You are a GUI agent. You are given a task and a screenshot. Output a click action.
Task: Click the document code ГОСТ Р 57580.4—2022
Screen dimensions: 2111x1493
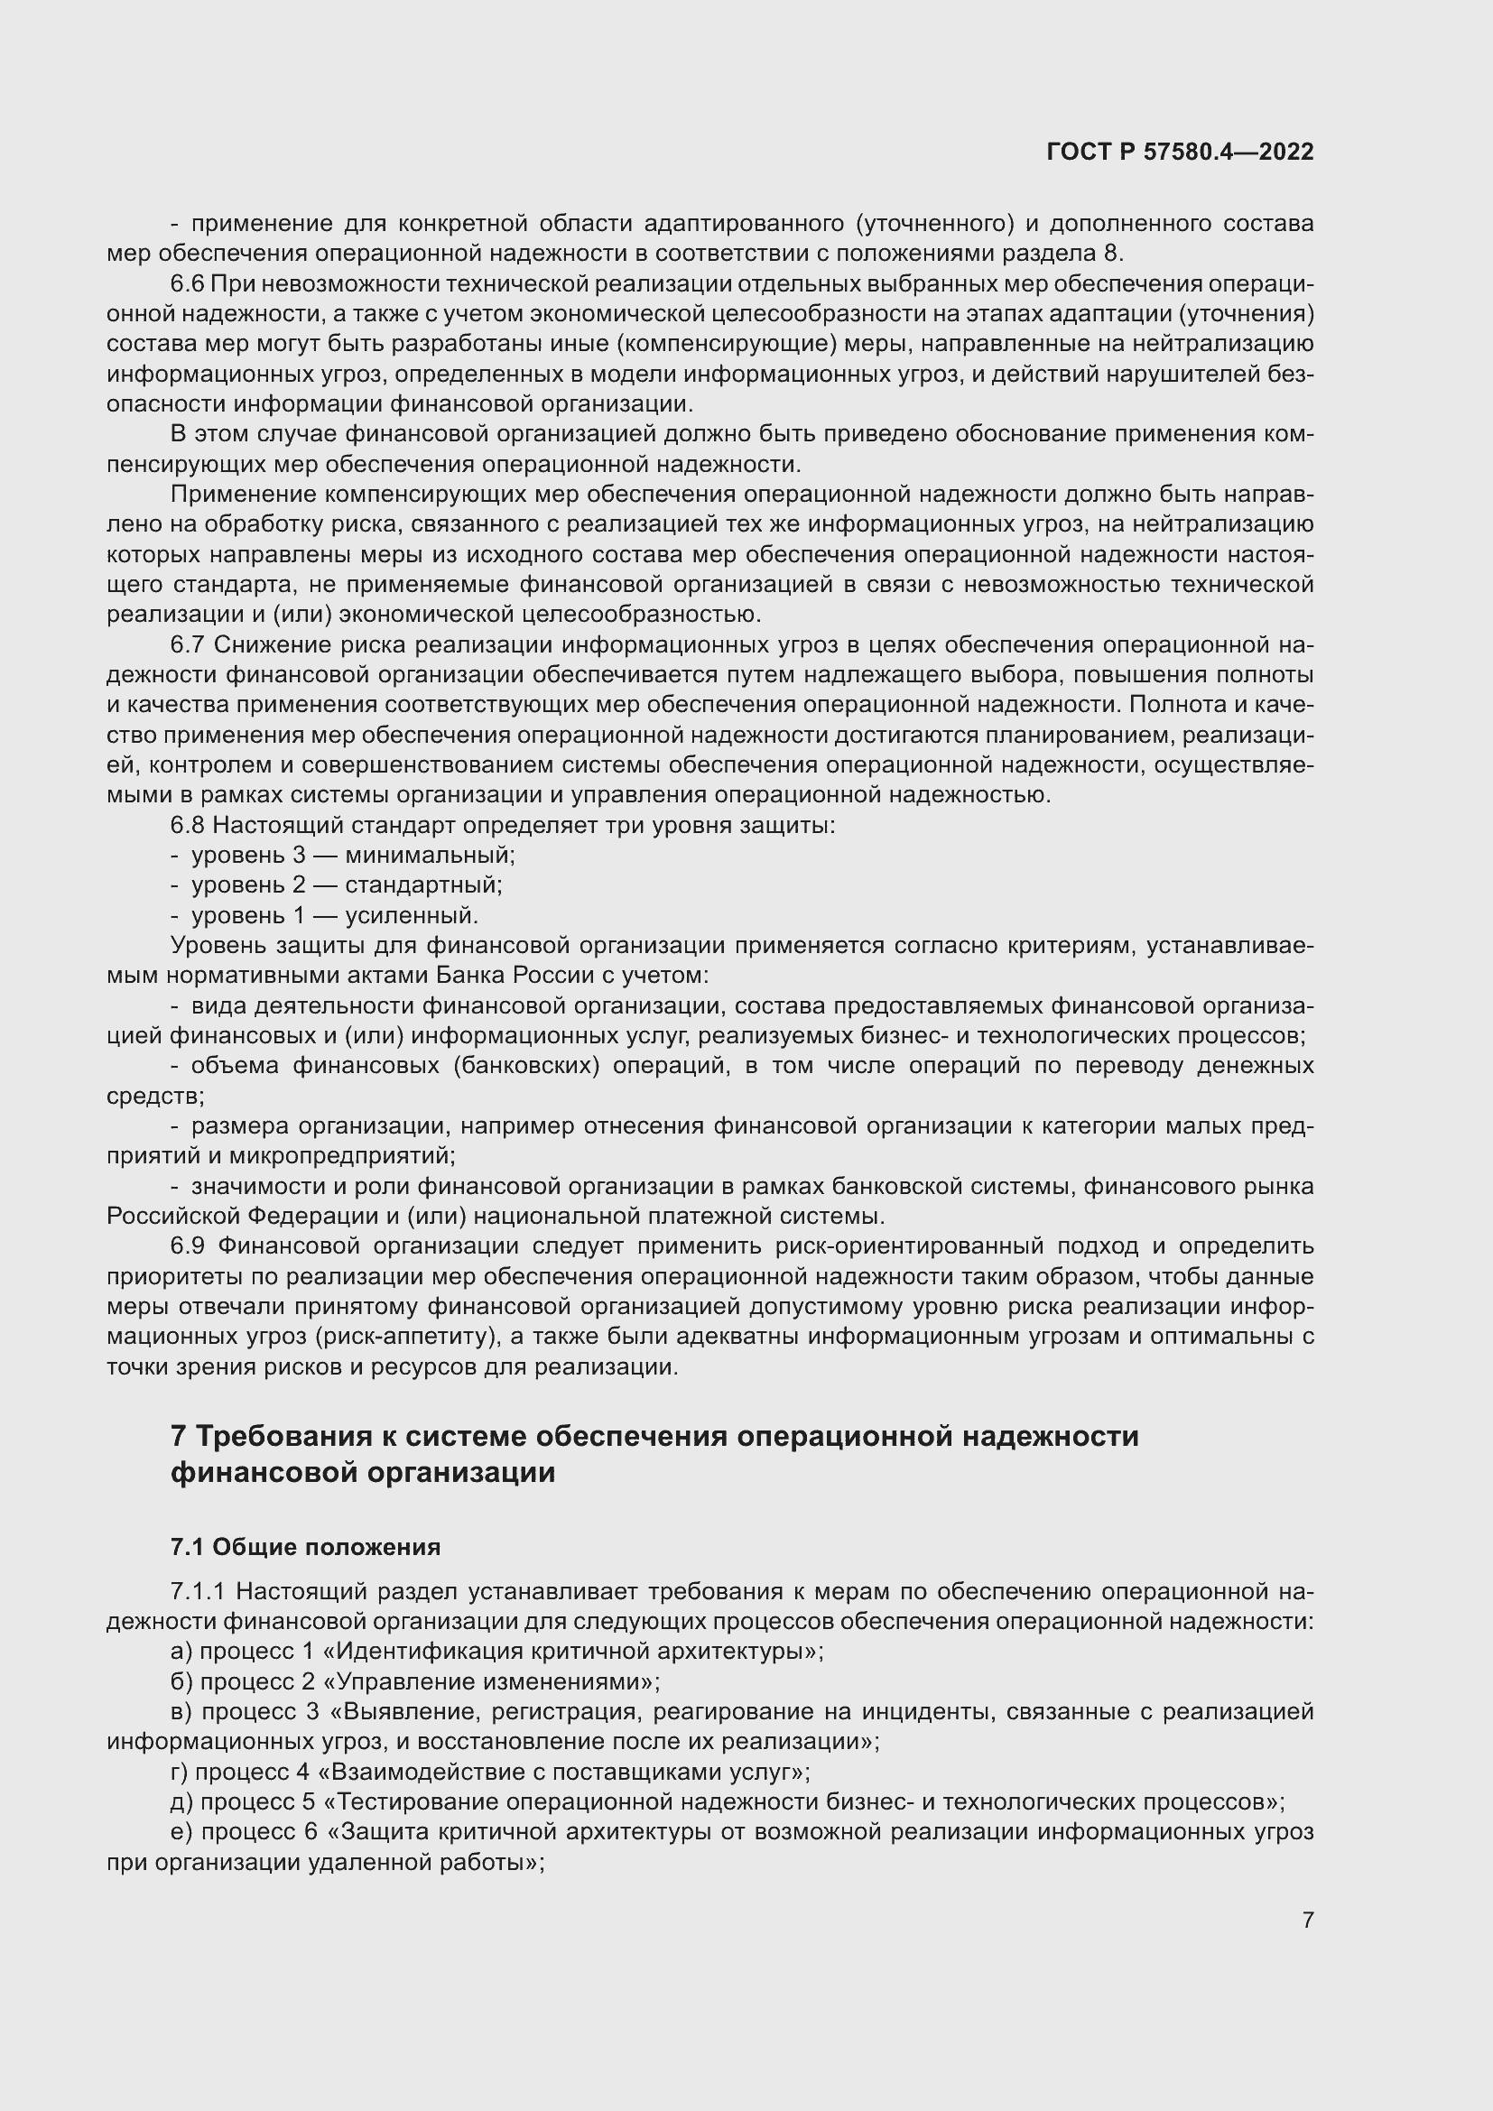(x=1180, y=153)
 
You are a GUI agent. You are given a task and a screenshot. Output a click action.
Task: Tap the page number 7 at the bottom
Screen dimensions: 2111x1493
(x=1307, y=1920)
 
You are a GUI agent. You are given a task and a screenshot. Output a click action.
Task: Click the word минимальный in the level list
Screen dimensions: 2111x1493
(x=430, y=855)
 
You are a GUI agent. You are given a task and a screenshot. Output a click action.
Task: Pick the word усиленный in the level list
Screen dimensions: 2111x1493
(x=411, y=916)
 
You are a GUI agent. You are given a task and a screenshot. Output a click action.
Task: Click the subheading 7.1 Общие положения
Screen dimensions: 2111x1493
(x=305, y=1548)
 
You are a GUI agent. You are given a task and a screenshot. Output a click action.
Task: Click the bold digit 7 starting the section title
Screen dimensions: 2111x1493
(x=180, y=1436)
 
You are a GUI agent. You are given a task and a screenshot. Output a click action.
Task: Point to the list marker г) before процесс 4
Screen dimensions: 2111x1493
(x=181, y=1772)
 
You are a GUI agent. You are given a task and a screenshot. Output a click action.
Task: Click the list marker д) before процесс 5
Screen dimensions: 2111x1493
(x=183, y=1802)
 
